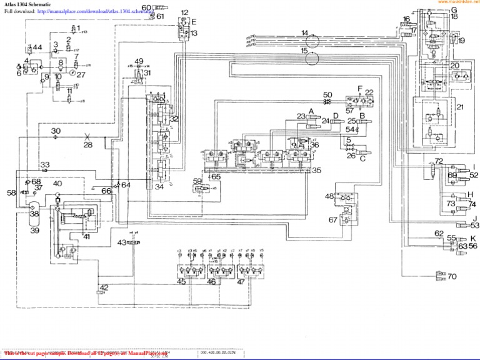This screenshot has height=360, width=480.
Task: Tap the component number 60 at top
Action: [146, 7]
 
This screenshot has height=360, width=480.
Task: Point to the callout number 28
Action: [87, 144]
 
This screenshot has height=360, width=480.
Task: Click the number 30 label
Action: [56, 131]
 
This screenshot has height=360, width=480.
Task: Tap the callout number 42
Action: [104, 287]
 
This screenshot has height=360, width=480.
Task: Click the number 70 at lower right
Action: [452, 276]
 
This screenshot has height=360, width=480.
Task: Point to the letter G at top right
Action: [454, 10]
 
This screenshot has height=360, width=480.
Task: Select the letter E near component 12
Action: [194, 22]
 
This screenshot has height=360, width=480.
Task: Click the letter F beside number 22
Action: [360, 88]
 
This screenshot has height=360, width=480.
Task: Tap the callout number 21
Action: [460, 107]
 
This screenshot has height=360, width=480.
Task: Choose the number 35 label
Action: [317, 170]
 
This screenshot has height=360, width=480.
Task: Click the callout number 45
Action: [181, 281]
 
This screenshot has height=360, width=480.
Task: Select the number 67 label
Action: [333, 219]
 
